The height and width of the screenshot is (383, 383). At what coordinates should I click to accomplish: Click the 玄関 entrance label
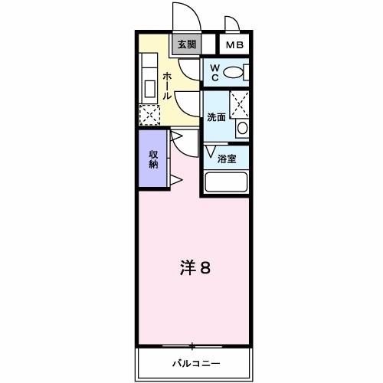[187, 44]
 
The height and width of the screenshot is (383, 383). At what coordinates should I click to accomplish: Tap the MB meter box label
[234, 45]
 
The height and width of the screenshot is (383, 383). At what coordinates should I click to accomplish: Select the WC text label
[215, 74]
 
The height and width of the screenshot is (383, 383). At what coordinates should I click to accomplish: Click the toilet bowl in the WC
[237, 73]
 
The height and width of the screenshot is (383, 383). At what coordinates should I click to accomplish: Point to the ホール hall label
[166, 86]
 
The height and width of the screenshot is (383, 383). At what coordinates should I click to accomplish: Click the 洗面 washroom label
[217, 117]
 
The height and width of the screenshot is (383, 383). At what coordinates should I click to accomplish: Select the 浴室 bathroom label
[227, 159]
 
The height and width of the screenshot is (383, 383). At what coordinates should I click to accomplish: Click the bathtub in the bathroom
[226, 182]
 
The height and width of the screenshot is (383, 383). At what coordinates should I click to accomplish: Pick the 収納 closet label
[153, 159]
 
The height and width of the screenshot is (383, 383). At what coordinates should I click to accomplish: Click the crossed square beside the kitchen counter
[149, 114]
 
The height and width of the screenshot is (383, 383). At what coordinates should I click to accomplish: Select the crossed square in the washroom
[240, 102]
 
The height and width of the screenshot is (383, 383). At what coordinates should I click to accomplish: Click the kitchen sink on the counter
[149, 64]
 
